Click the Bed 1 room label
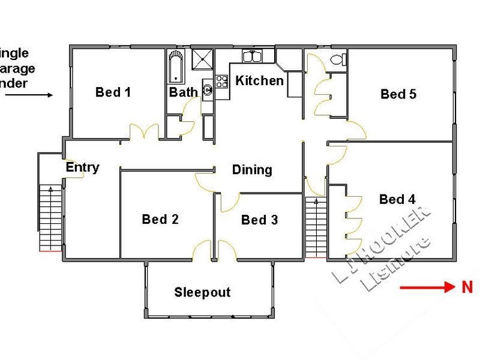coord(113,92)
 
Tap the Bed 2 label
coord(160,219)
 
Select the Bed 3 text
coord(259,220)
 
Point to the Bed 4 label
coord(397,199)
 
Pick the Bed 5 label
coord(398,94)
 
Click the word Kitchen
coord(259,80)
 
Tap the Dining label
coord(252,170)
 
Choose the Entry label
coord(82,167)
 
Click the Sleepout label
coord(202,293)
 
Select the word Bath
coord(183,92)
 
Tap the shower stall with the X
coord(202,61)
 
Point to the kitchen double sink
coord(251,56)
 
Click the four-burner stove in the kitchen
coord(222,81)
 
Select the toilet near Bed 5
coord(338,59)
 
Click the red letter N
coord(467,287)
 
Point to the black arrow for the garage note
coord(40,95)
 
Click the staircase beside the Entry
coord(50,217)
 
